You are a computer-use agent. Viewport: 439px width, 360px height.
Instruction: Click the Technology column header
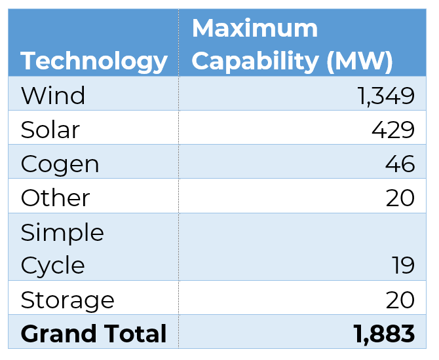[x=94, y=61]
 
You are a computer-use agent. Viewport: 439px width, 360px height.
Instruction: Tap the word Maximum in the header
[x=254, y=28]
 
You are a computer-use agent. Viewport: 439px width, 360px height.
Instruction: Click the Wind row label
[x=53, y=96]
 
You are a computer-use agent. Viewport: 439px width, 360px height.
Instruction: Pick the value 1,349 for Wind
[x=386, y=96]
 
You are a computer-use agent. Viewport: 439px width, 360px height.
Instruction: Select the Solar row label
[x=50, y=130]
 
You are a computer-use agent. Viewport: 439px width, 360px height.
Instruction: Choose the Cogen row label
[x=60, y=164]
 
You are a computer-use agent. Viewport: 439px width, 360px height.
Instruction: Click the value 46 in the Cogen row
[x=400, y=164]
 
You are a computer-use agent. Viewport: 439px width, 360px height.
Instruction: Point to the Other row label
[x=55, y=198]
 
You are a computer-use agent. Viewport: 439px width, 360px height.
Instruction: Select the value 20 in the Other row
[x=400, y=198]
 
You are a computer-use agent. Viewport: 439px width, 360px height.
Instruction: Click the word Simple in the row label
[x=62, y=232]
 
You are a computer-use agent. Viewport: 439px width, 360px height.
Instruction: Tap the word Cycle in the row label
[x=52, y=266]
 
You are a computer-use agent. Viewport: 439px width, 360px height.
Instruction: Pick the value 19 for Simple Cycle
[x=401, y=266]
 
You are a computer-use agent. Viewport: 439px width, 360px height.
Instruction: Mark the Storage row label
[x=67, y=300]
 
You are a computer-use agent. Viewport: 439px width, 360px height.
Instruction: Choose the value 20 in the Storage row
[x=400, y=300]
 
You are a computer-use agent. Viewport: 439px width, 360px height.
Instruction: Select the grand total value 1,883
[x=384, y=334]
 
